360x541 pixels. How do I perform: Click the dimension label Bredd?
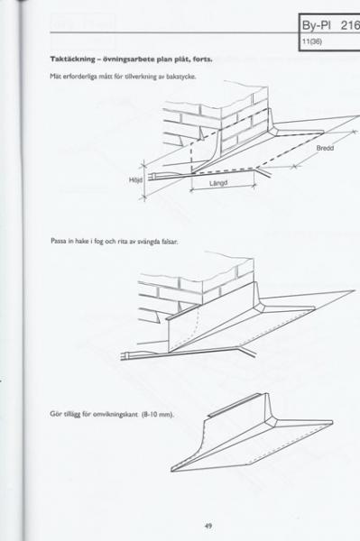(x=325, y=149)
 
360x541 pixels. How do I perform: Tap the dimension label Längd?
(x=218, y=183)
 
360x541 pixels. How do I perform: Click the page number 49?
(x=208, y=526)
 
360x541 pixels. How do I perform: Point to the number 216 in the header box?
(x=350, y=25)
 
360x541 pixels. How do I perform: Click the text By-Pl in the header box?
(x=317, y=26)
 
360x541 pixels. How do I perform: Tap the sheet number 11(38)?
(x=312, y=41)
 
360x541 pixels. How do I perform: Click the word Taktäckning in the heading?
(x=72, y=59)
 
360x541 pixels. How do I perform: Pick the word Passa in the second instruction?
(x=57, y=241)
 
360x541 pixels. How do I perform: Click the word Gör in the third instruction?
(x=56, y=414)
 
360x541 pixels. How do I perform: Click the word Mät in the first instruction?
(x=54, y=77)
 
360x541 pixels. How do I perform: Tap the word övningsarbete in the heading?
(x=128, y=60)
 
